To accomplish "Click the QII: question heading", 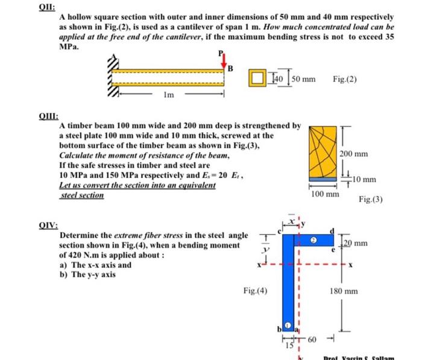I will pyautogui.click(x=48, y=7).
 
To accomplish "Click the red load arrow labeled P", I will pyautogui.click(x=224, y=60).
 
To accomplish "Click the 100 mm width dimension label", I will pyautogui.click(x=324, y=194).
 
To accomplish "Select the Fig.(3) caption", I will pyautogui.click(x=371, y=199).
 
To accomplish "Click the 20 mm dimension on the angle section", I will pyautogui.click(x=356, y=243).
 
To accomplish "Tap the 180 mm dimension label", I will pyautogui.click(x=344, y=291).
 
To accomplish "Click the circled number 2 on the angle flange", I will pyautogui.click(x=313, y=239).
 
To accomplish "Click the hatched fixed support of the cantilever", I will pyautogui.click(x=112, y=77).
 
